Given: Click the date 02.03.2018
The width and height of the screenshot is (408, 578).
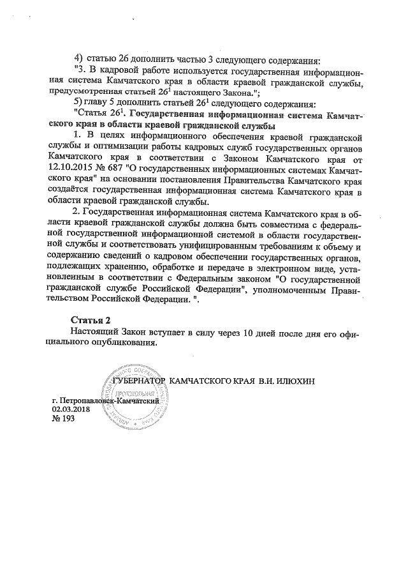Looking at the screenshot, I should (x=71, y=409).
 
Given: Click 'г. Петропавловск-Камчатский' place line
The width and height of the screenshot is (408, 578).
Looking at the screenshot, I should (x=105, y=400).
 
